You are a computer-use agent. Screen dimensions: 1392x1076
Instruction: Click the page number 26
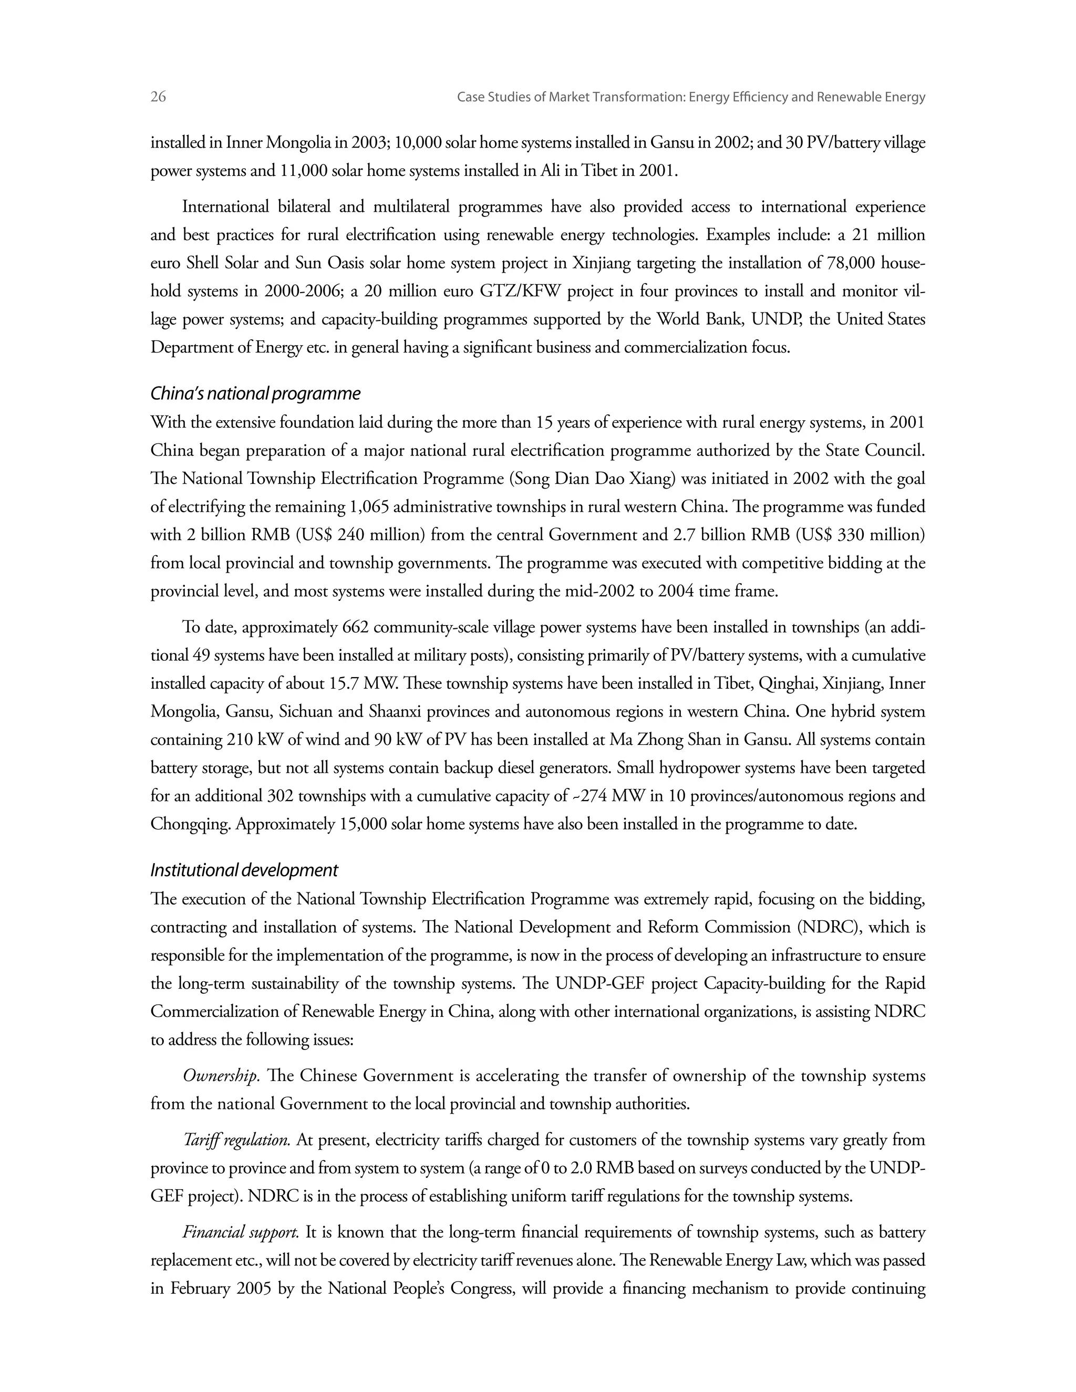(x=158, y=97)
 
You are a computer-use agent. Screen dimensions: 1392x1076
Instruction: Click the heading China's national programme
(x=255, y=394)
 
